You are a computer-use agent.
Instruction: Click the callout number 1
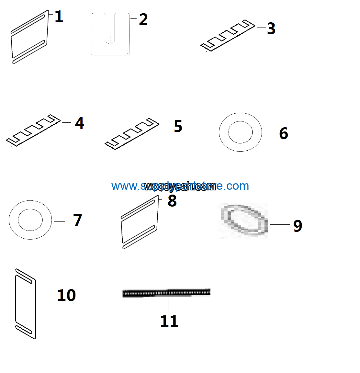tap(59, 17)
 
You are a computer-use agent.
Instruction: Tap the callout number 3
tap(271, 29)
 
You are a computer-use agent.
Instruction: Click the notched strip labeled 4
tap(33, 130)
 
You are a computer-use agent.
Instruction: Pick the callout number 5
tap(178, 126)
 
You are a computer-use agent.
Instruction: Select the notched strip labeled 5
tap(132, 134)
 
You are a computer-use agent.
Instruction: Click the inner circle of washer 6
tap(240, 132)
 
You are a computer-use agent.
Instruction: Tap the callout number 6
tap(284, 133)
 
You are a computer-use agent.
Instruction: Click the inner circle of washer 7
tap(30, 220)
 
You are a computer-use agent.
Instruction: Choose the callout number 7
tap(78, 220)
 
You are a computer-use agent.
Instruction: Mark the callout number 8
tap(172, 201)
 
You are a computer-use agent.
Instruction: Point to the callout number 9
tap(298, 226)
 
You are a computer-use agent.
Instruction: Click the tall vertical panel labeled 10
tap(25, 304)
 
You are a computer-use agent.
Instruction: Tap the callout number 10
tap(66, 295)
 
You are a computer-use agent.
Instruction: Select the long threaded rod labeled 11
tap(166, 293)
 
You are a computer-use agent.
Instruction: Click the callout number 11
tap(169, 321)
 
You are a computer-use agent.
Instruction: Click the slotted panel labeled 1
tap(29, 37)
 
